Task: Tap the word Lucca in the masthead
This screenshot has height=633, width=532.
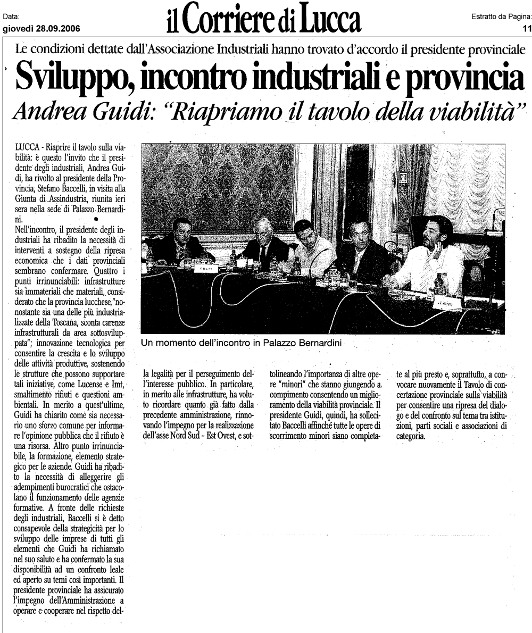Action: coord(328,19)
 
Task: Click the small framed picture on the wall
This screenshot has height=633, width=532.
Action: coord(403,178)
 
